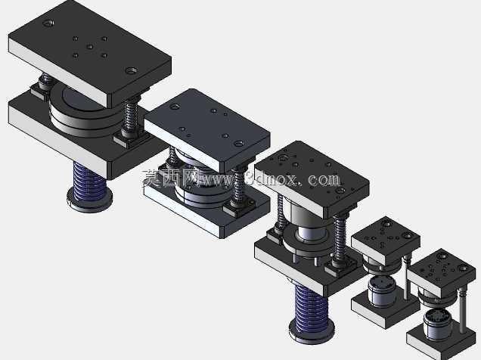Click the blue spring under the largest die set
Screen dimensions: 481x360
(89, 181)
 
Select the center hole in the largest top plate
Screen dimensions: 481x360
(89, 47)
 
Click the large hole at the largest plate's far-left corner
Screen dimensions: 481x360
(48, 23)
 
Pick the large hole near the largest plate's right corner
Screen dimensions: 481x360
(132, 70)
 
